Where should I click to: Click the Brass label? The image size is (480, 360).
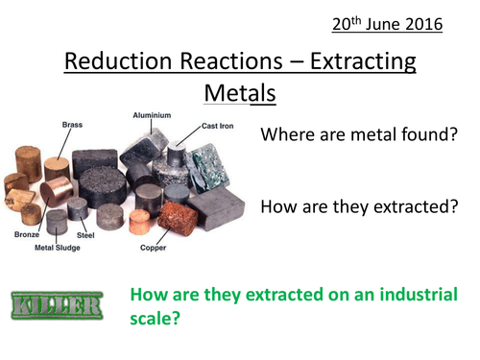[x=72, y=125]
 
